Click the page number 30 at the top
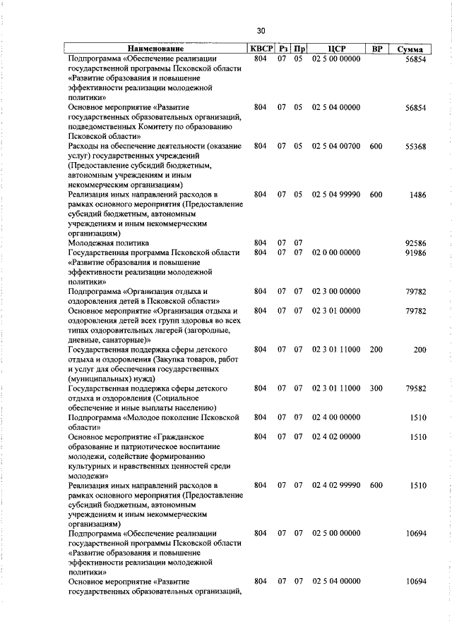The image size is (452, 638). pos(261,30)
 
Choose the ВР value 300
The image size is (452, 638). pos(376,388)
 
